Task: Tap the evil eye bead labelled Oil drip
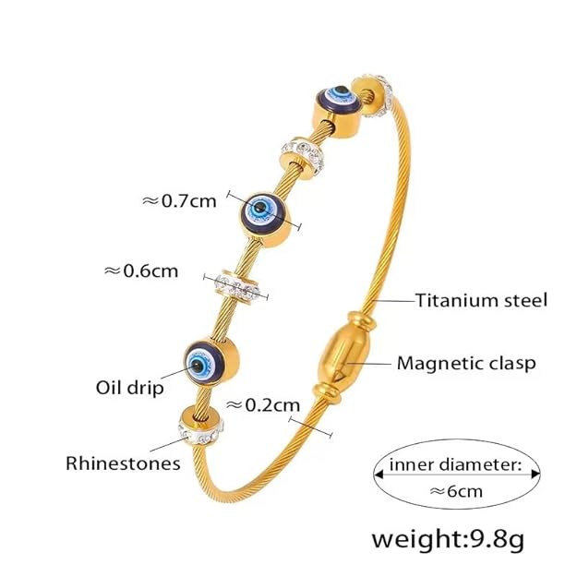210,361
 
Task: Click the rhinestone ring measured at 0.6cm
237,287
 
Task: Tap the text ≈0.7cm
179,201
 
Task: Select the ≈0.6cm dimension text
141,271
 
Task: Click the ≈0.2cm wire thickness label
263,405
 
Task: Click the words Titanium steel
482,300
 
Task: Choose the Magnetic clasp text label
466,364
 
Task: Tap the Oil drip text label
129,388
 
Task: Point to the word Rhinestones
123,463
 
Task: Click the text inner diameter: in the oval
455,464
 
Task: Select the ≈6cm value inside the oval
456,491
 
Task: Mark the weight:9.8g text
448,539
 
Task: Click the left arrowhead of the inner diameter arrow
379,475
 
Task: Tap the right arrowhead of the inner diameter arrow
535,475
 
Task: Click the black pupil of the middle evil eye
259,207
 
